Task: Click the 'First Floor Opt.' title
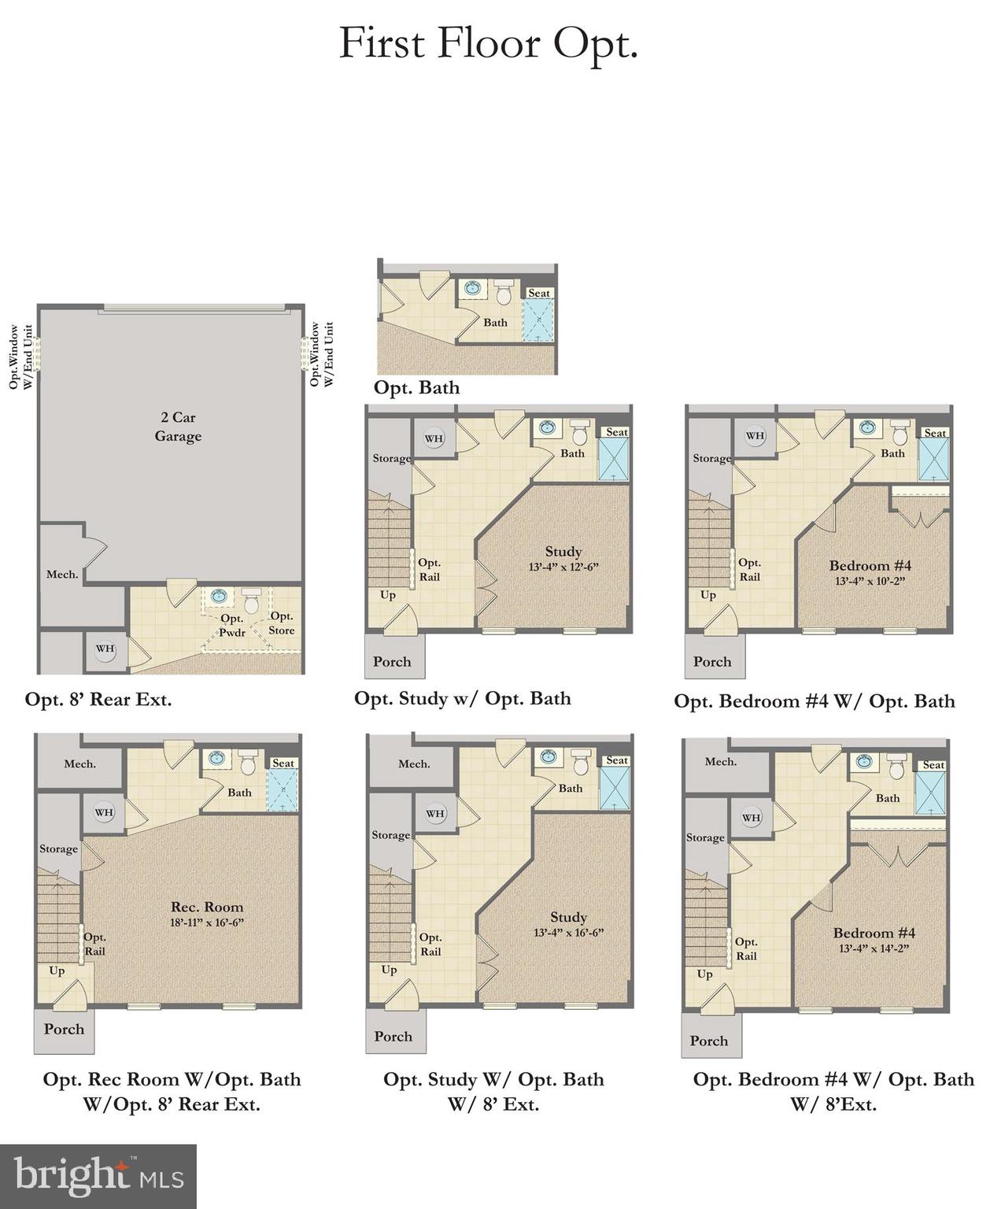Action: point(488,43)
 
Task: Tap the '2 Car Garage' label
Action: point(178,427)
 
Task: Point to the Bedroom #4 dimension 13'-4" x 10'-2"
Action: point(870,582)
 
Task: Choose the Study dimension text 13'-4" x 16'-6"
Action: point(568,933)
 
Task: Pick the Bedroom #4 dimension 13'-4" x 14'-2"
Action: point(874,948)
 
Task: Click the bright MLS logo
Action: point(98,1176)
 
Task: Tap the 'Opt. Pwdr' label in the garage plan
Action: point(232,625)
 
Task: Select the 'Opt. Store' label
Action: point(281,623)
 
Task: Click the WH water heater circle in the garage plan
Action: point(105,649)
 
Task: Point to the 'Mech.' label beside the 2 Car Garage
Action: point(62,575)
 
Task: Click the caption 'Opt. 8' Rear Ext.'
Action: point(98,699)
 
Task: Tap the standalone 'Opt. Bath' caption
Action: point(416,387)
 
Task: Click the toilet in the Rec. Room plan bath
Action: point(248,762)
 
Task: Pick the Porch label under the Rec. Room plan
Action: point(64,1029)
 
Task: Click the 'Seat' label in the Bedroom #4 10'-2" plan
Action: point(935,433)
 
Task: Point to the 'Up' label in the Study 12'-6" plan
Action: point(388,595)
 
